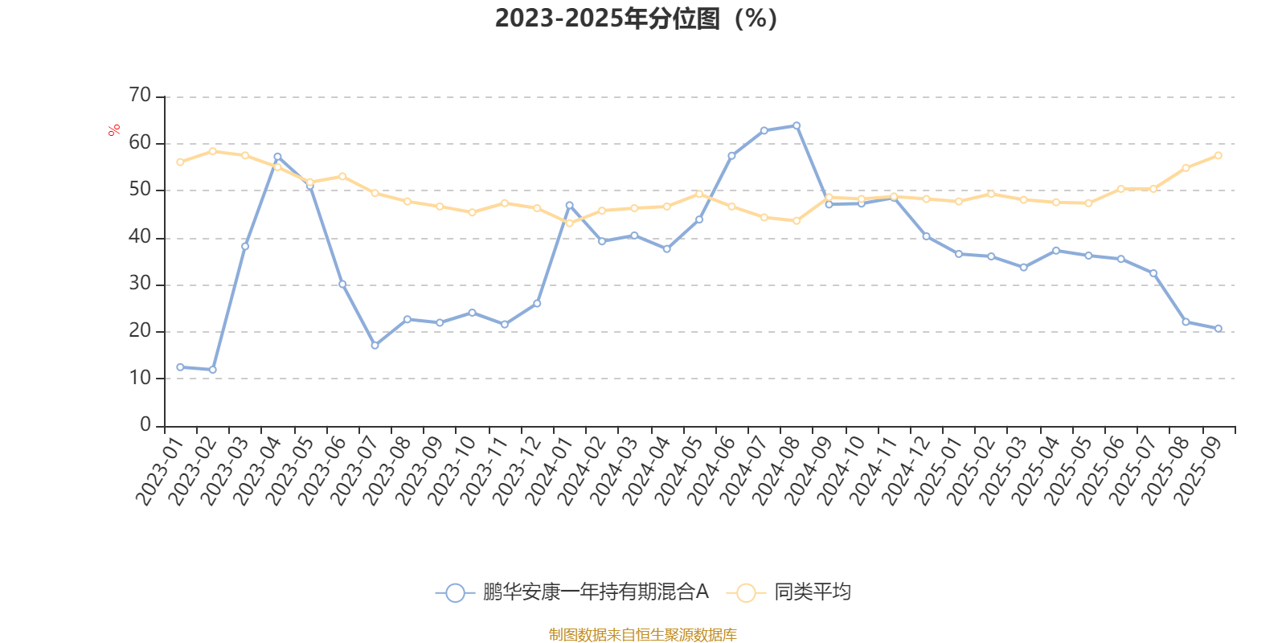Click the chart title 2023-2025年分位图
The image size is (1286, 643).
[635, 18]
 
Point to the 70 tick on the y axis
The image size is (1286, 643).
[140, 96]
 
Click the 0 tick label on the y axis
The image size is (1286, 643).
[145, 424]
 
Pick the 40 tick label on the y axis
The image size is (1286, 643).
[140, 236]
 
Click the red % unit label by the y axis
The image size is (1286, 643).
[115, 129]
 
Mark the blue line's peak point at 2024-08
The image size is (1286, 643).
[797, 125]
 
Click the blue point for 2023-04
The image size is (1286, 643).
[277, 157]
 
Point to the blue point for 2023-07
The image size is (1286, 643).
[375, 346]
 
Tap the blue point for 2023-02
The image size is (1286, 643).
[212, 370]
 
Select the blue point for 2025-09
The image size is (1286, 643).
[1218, 328]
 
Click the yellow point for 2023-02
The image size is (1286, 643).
[212, 151]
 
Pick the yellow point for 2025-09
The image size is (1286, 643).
[1218, 155]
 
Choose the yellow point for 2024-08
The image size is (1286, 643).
[797, 221]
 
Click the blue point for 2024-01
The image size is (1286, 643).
[569, 205]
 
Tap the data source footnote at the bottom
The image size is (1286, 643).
[642, 635]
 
